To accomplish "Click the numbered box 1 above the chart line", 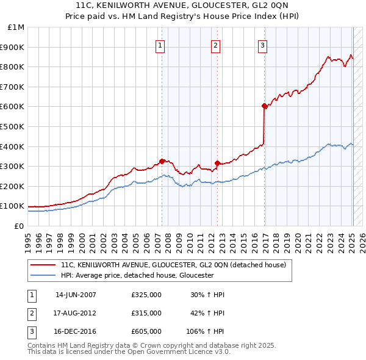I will coord(160,44).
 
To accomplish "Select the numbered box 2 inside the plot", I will coord(216,44).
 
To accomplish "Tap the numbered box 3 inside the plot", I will coord(262,44).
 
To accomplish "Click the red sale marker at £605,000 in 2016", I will coord(264,106).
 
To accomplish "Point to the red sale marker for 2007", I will coord(162,161).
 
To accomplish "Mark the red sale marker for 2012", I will coord(217,163).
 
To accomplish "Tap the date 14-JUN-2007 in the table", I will coord(76,295).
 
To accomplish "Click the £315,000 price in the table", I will coord(146,313).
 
